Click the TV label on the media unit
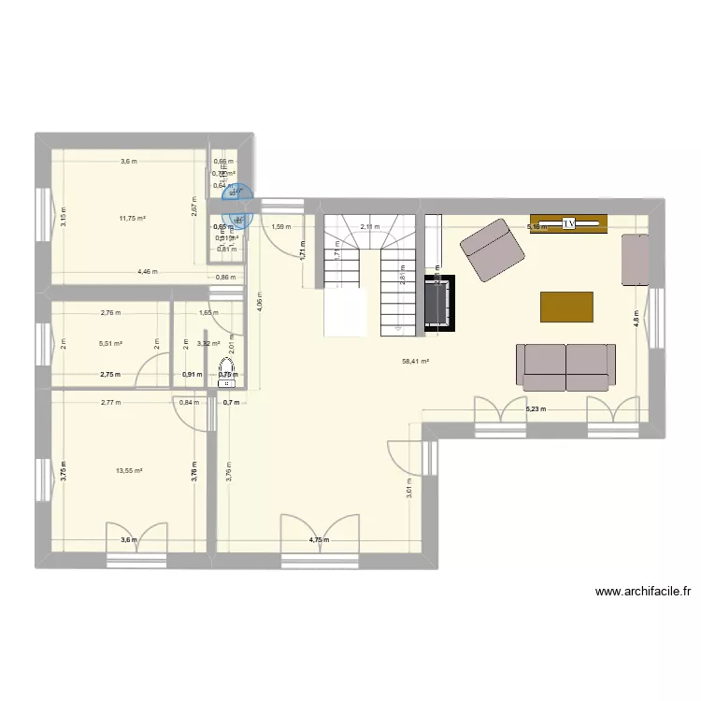point(568,224)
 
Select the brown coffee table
point(566,307)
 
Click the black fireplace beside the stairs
point(439,302)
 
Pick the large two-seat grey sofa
point(566,365)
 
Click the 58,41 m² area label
point(415,361)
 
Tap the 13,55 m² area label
point(127,470)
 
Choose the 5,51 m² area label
point(110,343)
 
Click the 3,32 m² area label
point(207,343)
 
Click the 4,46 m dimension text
point(147,272)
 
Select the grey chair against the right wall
point(635,259)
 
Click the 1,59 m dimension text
point(280,226)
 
